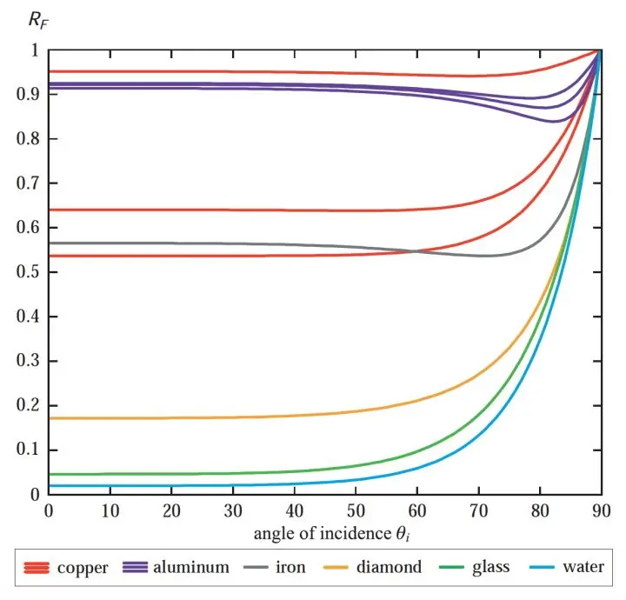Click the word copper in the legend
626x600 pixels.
pos(83,568)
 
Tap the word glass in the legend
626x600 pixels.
pos(492,568)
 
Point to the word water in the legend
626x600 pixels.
pos(583,568)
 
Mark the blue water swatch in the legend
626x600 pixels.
pos(540,568)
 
